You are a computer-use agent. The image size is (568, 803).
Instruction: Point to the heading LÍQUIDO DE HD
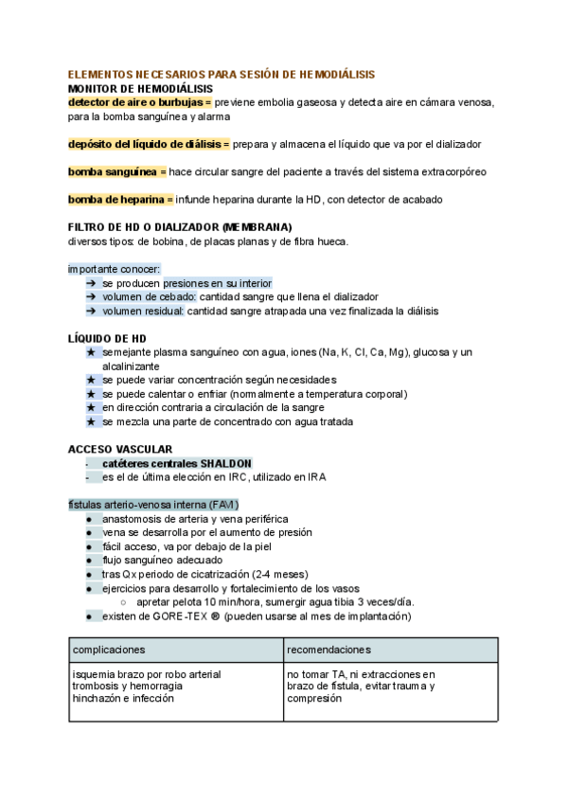click(x=107, y=338)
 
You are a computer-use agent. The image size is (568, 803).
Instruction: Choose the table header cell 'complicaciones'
click(x=109, y=650)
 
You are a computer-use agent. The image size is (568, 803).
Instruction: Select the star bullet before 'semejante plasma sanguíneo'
click(x=90, y=352)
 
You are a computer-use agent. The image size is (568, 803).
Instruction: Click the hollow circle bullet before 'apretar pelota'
click(x=125, y=602)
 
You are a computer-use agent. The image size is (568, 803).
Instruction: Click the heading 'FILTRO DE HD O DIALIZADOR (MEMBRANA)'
click(x=180, y=227)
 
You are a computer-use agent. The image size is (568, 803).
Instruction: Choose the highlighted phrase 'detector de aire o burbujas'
click(x=139, y=102)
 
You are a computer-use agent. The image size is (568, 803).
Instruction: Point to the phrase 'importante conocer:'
click(x=115, y=269)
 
